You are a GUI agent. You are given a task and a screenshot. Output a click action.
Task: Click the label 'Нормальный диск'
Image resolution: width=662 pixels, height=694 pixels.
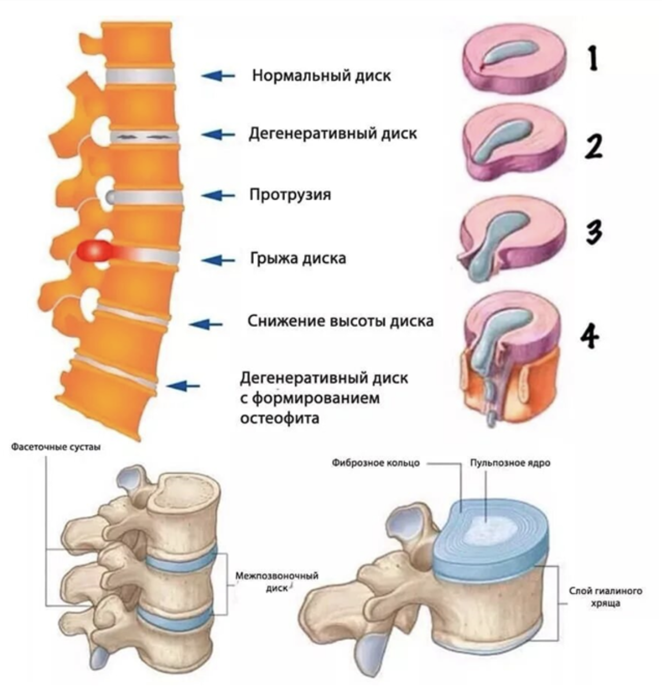point(321,76)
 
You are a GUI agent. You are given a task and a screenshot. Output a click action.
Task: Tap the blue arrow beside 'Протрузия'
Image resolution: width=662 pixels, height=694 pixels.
point(218,195)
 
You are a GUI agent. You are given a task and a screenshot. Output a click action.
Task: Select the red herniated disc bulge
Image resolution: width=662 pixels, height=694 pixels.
point(94,251)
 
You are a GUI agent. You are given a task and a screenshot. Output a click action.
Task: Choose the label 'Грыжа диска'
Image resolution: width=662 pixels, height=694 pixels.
point(298,259)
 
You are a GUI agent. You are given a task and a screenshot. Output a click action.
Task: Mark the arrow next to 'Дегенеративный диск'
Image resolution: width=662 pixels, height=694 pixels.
point(218,135)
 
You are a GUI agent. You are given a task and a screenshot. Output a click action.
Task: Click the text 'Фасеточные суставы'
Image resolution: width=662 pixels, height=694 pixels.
point(56,447)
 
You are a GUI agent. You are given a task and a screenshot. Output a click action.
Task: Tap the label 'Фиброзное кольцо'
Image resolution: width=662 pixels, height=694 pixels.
point(376,463)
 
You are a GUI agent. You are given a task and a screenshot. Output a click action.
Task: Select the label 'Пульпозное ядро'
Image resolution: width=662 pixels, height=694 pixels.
point(510,463)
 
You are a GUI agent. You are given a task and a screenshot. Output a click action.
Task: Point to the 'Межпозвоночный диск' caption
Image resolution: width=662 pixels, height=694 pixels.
point(277,582)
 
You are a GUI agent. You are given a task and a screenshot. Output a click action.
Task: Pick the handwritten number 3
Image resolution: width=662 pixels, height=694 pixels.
point(594,231)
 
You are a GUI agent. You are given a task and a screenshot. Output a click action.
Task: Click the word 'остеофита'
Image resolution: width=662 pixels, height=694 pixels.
point(280,418)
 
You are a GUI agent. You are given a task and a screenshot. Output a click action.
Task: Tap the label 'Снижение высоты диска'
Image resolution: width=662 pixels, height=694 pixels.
point(341,321)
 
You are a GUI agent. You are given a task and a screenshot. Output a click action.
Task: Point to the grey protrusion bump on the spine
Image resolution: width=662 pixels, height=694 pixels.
point(110,196)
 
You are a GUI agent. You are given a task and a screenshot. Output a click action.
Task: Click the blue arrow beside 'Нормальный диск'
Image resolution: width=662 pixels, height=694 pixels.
point(218,76)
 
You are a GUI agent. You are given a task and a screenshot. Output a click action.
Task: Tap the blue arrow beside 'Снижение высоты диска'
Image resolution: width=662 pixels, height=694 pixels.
point(206,324)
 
